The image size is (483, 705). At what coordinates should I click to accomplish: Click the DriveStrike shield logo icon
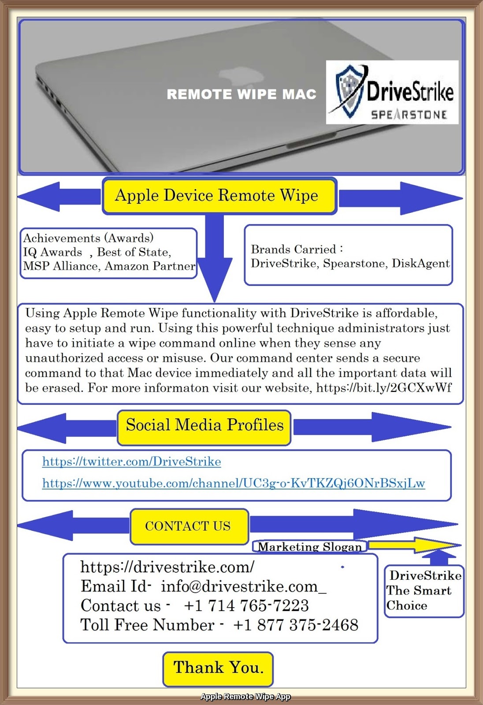(x=350, y=92)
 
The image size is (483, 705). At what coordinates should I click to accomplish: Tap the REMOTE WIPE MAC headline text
(x=241, y=94)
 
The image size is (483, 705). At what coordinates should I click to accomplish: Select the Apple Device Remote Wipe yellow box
(x=219, y=196)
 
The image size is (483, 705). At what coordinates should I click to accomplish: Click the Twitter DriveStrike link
(x=131, y=462)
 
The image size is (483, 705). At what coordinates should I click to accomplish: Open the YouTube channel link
(x=234, y=483)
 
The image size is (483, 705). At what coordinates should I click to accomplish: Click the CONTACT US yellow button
(x=189, y=526)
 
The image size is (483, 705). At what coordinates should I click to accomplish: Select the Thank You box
(x=218, y=668)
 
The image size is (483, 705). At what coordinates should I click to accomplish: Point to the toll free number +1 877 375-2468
(x=296, y=625)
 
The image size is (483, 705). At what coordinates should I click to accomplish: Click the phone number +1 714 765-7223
(x=246, y=606)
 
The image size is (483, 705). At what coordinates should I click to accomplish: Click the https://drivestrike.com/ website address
(x=167, y=567)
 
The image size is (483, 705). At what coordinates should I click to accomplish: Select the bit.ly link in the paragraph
(x=384, y=388)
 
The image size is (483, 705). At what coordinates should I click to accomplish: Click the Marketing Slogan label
(x=309, y=547)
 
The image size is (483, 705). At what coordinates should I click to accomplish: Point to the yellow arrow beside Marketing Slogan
(x=414, y=545)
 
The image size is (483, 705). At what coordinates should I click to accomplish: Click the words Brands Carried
(x=294, y=249)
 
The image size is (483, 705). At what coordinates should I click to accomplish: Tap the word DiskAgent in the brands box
(x=421, y=263)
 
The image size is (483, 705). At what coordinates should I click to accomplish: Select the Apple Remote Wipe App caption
(x=245, y=697)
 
